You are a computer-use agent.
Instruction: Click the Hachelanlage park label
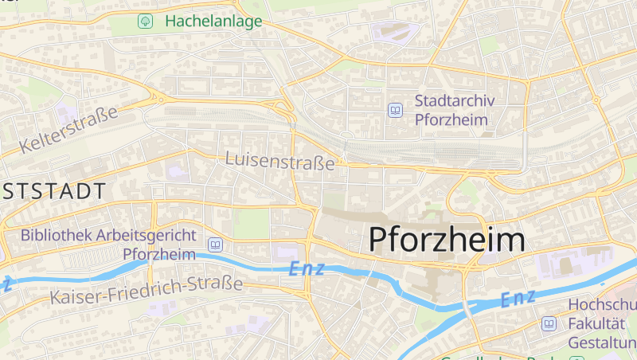(213, 22)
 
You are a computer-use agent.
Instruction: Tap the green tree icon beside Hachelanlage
(145, 22)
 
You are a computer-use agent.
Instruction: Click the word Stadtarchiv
(455, 101)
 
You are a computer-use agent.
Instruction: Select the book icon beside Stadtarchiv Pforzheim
(395, 111)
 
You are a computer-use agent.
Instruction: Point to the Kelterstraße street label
(68, 130)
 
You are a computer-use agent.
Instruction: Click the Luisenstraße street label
(280, 160)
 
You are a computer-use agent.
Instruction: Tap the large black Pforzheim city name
(447, 240)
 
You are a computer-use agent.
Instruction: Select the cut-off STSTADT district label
(53, 191)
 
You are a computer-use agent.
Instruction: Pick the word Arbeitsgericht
(148, 235)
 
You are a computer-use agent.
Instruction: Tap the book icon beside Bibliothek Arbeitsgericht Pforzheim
(214, 245)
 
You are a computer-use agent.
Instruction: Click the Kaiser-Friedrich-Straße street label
(146, 292)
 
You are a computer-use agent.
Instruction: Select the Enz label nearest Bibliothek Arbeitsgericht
(307, 269)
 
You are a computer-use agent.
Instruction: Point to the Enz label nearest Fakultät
(519, 299)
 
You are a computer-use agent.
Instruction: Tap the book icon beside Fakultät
(549, 324)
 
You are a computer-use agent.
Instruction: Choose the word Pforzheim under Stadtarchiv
(452, 120)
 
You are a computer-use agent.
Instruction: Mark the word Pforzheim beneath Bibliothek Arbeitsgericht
(160, 254)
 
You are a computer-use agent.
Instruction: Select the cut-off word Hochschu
(602, 305)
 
